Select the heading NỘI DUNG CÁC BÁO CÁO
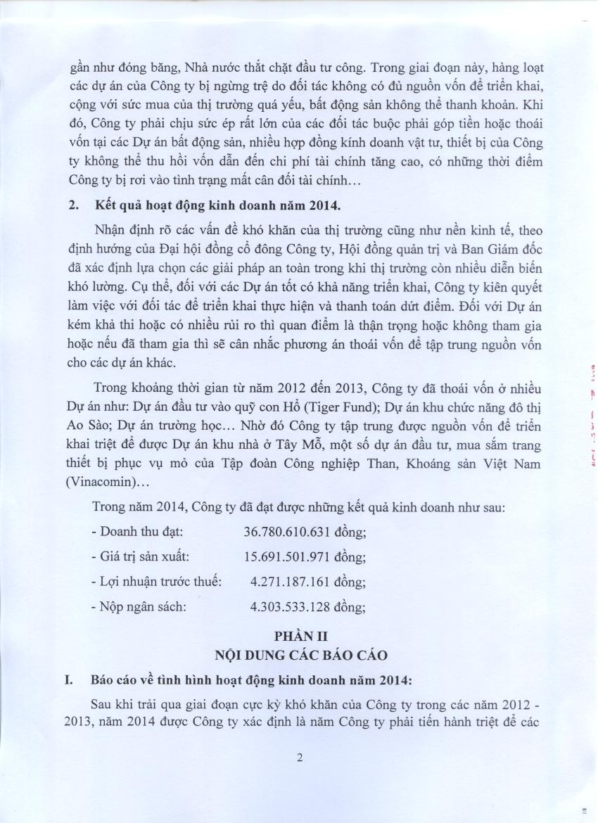[300, 656]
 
